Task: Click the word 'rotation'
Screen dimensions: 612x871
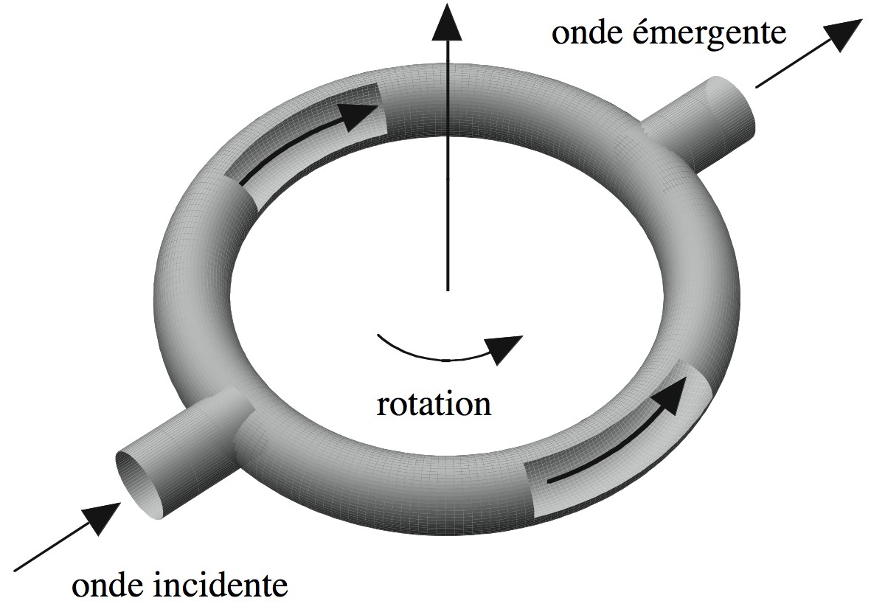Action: click(434, 405)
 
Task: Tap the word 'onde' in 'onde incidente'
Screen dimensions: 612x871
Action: click(108, 586)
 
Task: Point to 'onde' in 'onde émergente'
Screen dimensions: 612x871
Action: click(582, 34)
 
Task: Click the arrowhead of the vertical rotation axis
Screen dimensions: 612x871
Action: click(447, 22)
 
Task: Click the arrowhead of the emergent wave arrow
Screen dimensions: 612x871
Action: click(843, 35)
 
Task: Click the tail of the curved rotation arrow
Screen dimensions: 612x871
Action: click(378, 335)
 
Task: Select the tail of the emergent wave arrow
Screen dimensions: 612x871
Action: click(757, 86)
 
